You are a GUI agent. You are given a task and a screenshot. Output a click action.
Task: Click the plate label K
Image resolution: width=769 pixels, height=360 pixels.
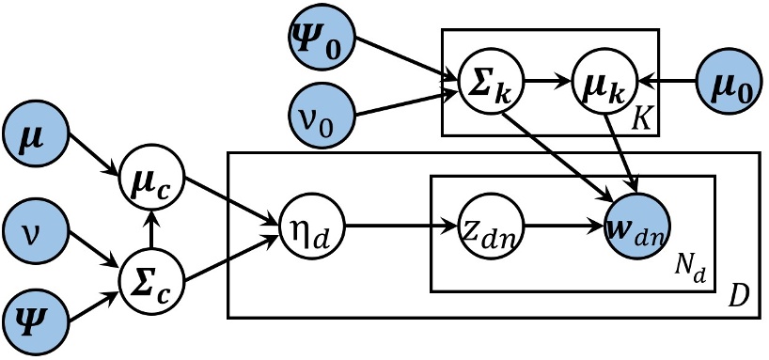[643, 118]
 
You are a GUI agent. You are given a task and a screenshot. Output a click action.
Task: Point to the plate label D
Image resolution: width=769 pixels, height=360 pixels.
[739, 303]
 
